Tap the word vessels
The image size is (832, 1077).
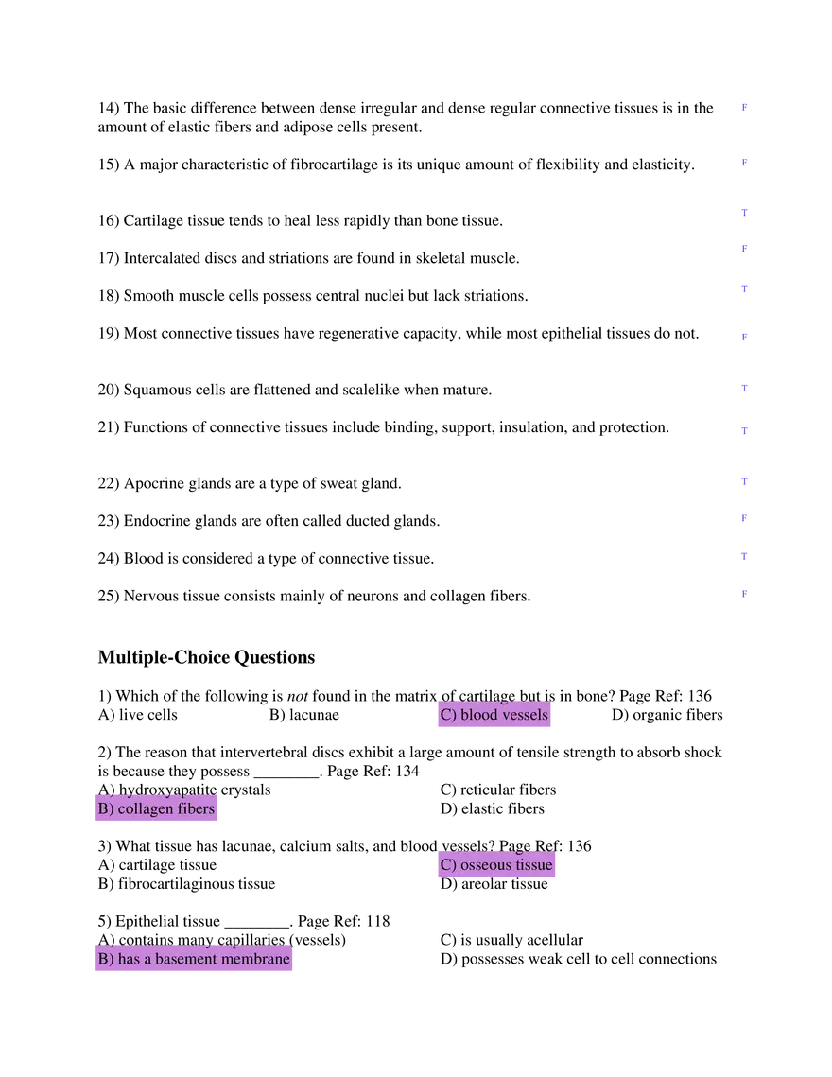pyautogui.click(x=525, y=715)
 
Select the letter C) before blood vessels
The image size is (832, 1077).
pyautogui.click(x=448, y=715)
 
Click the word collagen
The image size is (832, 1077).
pyautogui.click(x=145, y=809)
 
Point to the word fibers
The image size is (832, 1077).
pyautogui.click(x=195, y=809)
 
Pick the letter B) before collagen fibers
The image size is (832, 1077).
pyautogui.click(x=106, y=809)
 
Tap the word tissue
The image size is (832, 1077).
pyautogui.click(x=533, y=865)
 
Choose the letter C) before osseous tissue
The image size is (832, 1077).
pyautogui.click(x=448, y=865)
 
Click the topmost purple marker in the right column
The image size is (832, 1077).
pyautogui.click(x=743, y=107)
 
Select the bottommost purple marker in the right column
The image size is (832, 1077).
pyautogui.click(x=744, y=594)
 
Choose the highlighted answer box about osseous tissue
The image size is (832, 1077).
pyautogui.click(x=495, y=865)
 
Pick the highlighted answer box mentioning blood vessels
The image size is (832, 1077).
pyautogui.click(x=494, y=716)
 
